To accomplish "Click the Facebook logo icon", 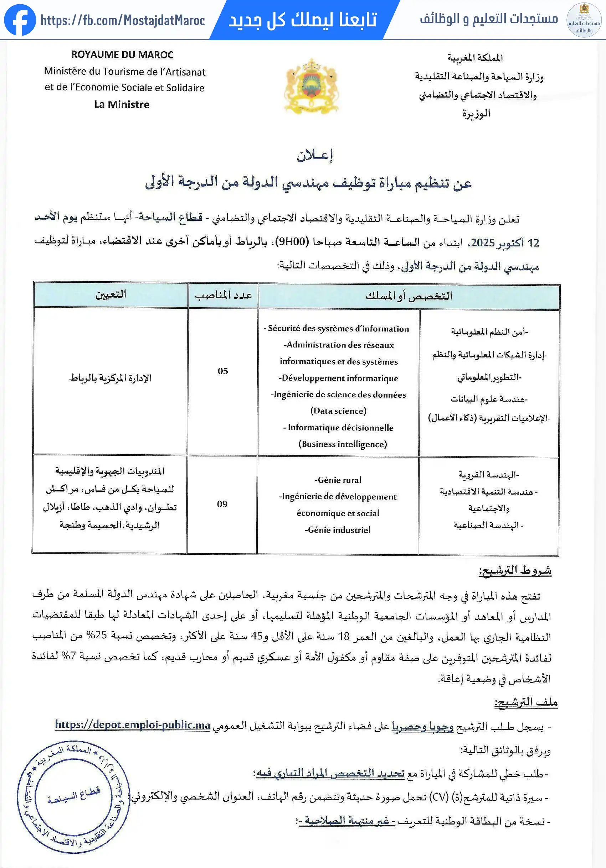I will [x=20, y=20].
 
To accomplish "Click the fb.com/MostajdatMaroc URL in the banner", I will [x=123, y=20].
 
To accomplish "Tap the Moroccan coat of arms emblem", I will [x=312, y=87].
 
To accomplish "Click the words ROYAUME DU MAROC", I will [x=122, y=55].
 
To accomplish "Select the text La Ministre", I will [x=122, y=105].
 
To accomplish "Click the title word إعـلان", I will [x=314, y=155].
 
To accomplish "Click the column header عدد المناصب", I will [x=223, y=295].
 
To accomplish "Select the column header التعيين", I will [x=111, y=294].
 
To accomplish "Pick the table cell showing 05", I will [x=222, y=371].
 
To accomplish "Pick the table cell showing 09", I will [x=222, y=504].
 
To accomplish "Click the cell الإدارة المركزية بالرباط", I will [x=110, y=378].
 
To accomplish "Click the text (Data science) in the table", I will [x=338, y=411].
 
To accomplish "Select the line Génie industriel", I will [x=338, y=530].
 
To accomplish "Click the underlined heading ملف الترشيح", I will [x=526, y=702].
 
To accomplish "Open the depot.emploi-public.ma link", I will [x=133, y=725].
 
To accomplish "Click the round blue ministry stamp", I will [x=73, y=796].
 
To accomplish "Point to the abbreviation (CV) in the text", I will [x=440, y=797].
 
